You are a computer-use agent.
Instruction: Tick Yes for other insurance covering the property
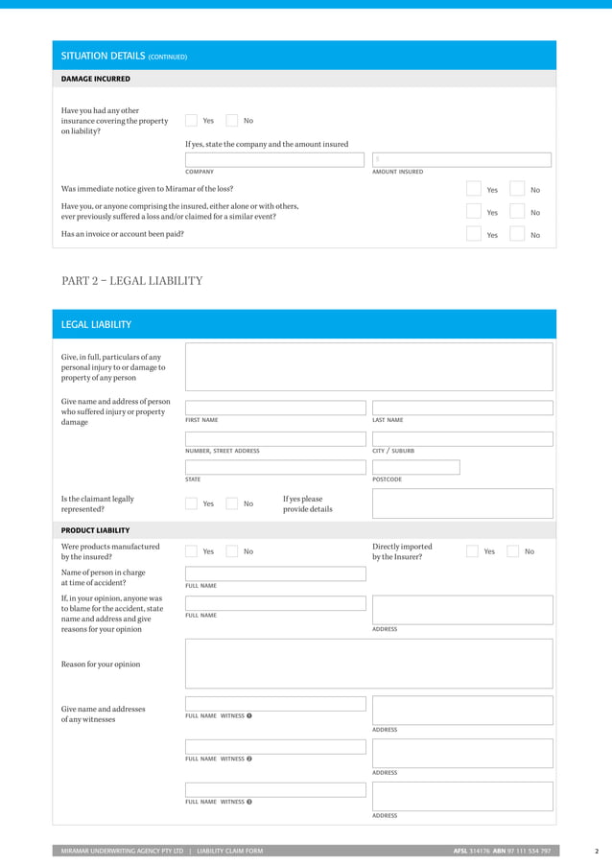point(191,121)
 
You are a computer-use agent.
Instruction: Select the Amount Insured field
point(461,160)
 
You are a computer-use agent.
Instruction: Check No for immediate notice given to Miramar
point(517,190)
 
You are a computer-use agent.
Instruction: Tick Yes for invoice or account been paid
point(473,234)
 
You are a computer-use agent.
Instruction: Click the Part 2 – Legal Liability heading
point(131,281)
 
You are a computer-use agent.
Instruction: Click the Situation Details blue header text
point(124,57)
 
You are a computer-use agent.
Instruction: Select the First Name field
point(275,408)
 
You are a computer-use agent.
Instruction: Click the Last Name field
point(461,408)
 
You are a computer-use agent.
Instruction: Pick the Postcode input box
point(415,468)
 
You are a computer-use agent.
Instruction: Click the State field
point(275,468)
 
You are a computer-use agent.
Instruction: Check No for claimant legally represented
point(231,503)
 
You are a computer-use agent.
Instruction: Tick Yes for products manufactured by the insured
point(191,551)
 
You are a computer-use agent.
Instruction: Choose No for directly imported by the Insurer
point(513,551)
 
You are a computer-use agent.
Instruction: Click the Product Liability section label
point(96,530)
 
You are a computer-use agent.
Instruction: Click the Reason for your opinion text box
point(368,664)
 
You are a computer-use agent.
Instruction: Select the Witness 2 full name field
point(275,746)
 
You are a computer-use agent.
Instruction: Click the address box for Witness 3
point(461,796)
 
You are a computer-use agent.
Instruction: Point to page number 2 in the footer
point(597,851)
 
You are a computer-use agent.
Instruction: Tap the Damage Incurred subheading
point(96,79)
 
